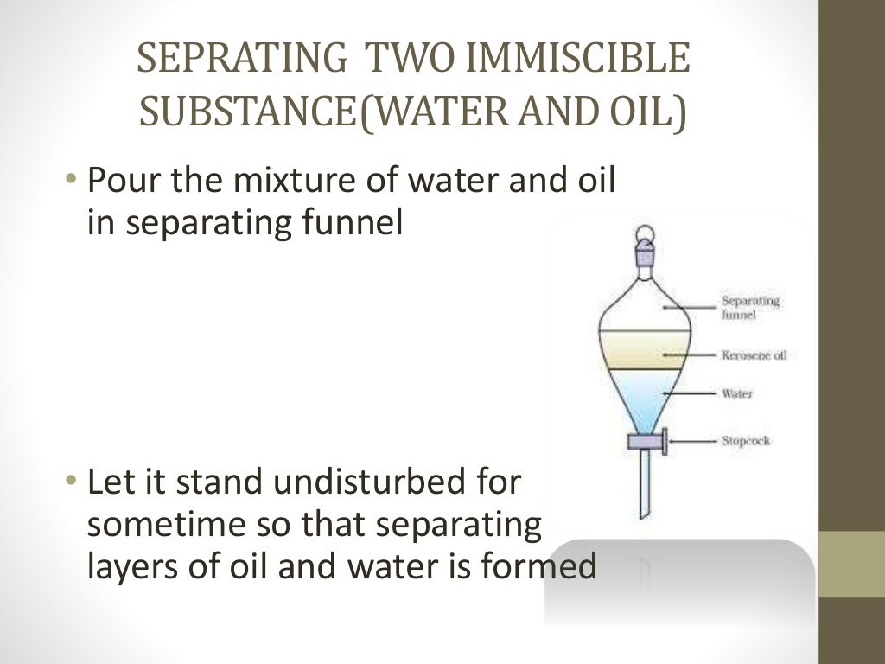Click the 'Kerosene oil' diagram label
754,355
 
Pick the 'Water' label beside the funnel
737,394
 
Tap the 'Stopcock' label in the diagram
745,441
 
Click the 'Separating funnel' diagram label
750,308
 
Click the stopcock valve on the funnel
645,443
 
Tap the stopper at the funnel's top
645,251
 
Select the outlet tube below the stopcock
644,484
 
